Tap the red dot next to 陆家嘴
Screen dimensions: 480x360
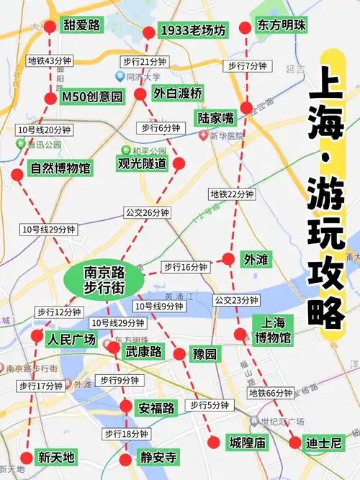(x=246, y=108)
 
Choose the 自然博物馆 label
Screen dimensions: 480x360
(x=60, y=168)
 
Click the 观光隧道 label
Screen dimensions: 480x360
(x=142, y=163)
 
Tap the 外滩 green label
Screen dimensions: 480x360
(x=256, y=258)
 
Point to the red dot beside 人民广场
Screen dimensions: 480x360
(x=37, y=336)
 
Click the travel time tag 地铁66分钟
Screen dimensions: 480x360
(x=271, y=393)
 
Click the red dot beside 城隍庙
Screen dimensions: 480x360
(x=212, y=443)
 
